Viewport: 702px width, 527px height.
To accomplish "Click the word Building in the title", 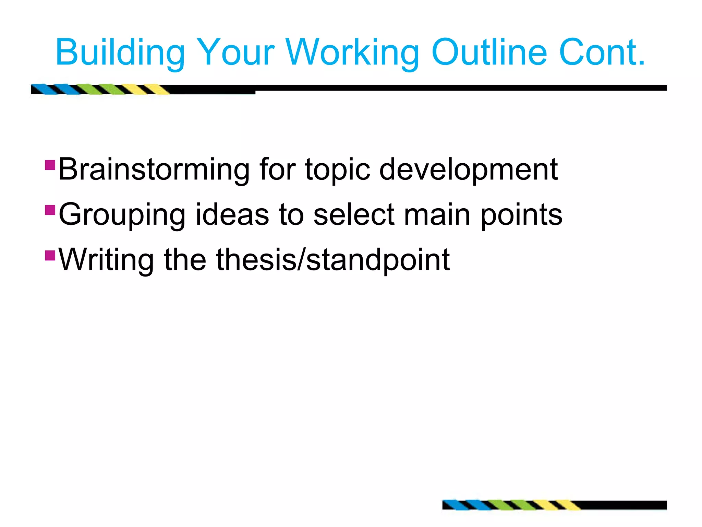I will pos(120,53).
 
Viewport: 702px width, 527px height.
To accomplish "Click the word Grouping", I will pos(122,215).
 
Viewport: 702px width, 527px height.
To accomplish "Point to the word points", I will pos(521,215).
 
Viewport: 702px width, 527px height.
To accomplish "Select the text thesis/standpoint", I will pos(332,260).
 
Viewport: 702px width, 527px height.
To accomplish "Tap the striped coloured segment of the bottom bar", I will pos(511,505).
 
